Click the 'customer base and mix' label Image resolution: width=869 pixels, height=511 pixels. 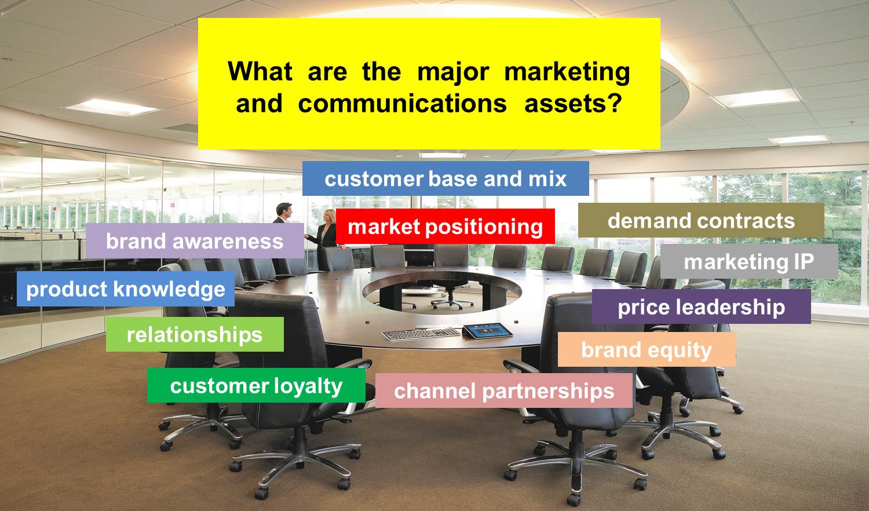click(446, 178)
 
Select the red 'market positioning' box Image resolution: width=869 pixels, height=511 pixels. click(446, 227)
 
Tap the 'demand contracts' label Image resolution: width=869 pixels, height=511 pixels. click(701, 220)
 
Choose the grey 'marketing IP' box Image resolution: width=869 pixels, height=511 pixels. click(749, 261)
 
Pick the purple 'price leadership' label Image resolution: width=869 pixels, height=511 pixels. click(702, 307)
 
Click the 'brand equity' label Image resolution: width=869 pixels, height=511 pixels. click(647, 349)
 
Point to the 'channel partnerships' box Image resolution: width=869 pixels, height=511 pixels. click(504, 390)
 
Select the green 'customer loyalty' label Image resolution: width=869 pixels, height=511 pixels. click(256, 386)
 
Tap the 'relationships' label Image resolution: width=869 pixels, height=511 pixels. click(195, 334)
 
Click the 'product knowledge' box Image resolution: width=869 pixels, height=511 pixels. click(126, 289)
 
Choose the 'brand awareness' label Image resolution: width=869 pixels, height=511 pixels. click(195, 241)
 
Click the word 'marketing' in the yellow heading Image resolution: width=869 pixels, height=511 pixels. click(567, 72)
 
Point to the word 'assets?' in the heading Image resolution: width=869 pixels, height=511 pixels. click(574, 104)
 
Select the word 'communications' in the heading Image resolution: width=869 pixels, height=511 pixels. click(403, 104)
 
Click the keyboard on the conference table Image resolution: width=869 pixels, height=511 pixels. click(421, 334)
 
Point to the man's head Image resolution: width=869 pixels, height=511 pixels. click(284, 210)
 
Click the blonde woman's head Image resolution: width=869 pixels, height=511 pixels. click(330, 217)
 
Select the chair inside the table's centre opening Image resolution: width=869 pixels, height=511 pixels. click(448, 293)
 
